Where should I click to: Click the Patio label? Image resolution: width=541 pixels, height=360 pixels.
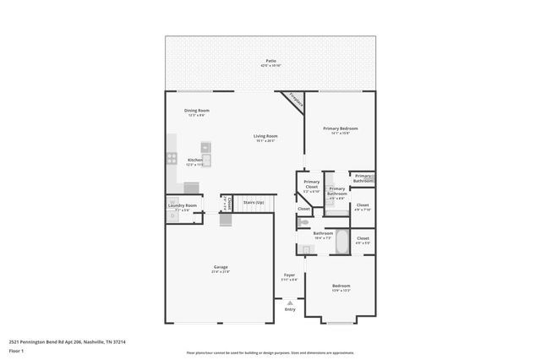pyautogui.click(x=270, y=62)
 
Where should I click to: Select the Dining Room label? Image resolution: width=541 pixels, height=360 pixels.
pyautogui.click(x=197, y=112)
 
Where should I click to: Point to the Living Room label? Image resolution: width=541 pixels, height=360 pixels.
pyautogui.click(x=266, y=138)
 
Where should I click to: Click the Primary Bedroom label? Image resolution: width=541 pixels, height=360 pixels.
pyautogui.click(x=336, y=129)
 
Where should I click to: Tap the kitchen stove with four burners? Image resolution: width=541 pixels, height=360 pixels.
pyautogui.click(x=172, y=157)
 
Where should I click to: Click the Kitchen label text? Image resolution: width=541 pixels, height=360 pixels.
pyautogui.click(x=194, y=161)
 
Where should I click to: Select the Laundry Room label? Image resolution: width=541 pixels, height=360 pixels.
pyautogui.click(x=183, y=206)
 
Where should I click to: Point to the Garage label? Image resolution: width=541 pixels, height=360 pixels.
pyautogui.click(x=220, y=268)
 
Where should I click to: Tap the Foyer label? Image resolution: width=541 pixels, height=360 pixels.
pyautogui.click(x=289, y=275)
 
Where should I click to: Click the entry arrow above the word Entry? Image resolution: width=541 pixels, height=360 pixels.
pyautogui.click(x=290, y=302)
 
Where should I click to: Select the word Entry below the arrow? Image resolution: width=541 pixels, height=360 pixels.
pyautogui.click(x=290, y=309)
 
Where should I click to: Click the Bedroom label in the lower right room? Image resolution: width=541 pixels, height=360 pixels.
pyautogui.click(x=341, y=286)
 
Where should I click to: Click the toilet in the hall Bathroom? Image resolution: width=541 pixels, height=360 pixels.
pyautogui.click(x=302, y=222)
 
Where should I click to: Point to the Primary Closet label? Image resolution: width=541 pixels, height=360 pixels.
pyautogui.click(x=312, y=184)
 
